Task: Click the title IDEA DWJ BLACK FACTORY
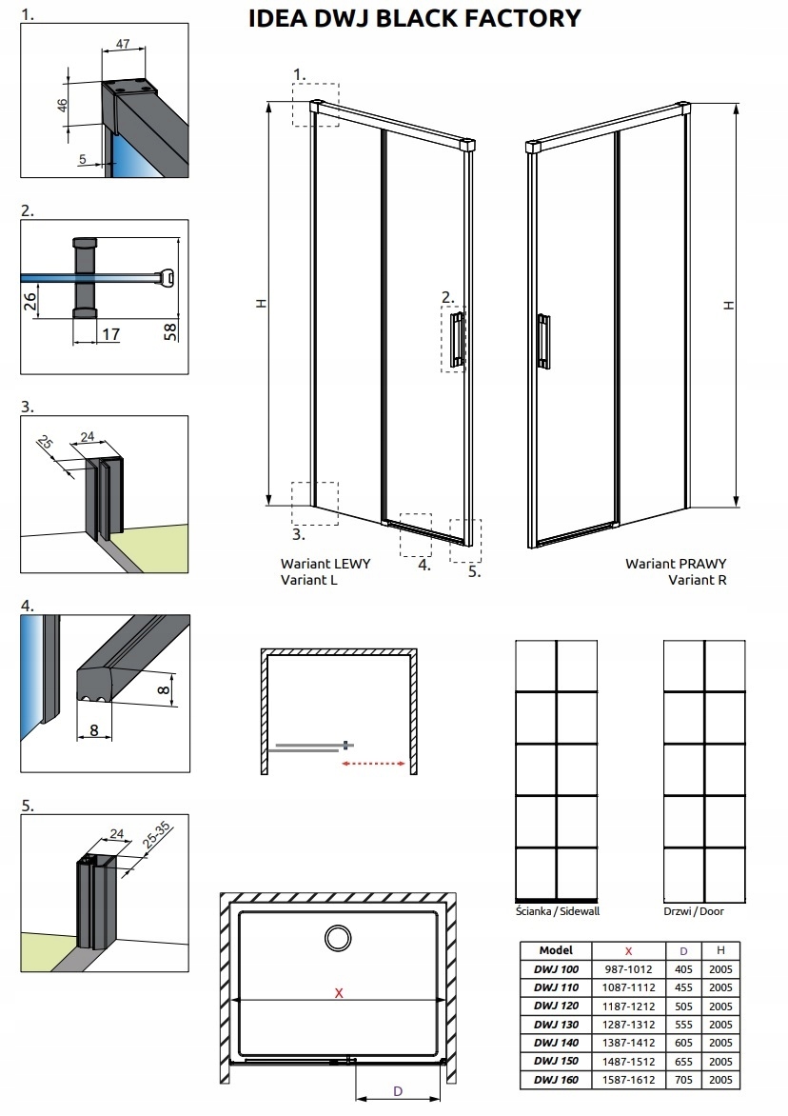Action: pos(414,18)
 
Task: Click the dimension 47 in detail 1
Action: pos(123,45)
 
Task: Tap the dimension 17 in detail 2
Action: pos(110,334)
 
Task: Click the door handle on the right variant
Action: pos(542,339)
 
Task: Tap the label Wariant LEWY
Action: pos(325,563)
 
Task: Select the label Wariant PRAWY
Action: pos(676,563)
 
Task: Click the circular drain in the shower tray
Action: pos(338,939)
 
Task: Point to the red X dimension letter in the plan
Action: pos(338,992)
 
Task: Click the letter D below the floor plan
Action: pos(399,1091)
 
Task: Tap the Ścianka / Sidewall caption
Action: pos(557,911)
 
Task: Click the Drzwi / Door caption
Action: pos(694,911)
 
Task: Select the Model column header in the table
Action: pos(555,950)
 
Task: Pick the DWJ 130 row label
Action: pos(556,1025)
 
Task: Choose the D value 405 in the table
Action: pos(682,969)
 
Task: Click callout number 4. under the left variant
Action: pos(424,565)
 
